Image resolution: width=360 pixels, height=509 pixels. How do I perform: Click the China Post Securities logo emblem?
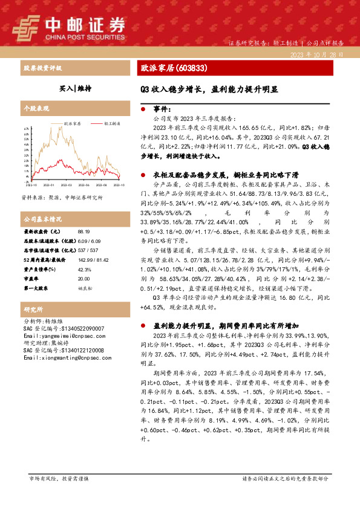click(x=27, y=27)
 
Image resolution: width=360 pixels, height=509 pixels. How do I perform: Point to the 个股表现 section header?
click(x=36, y=108)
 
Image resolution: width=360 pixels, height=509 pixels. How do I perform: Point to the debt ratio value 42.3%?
click(x=84, y=268)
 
